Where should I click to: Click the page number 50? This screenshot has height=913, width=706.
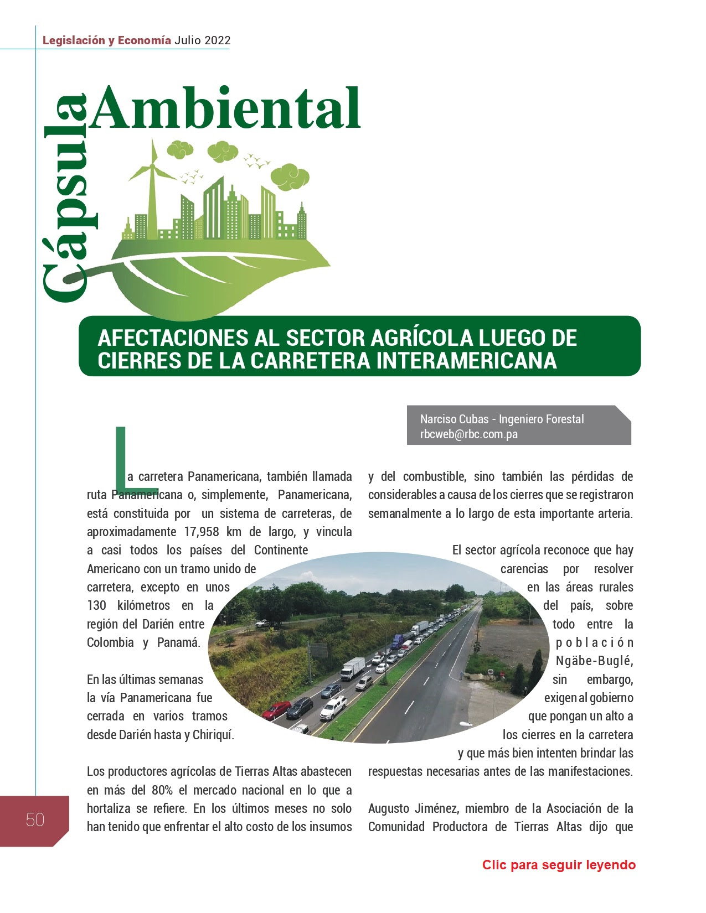(35, 819)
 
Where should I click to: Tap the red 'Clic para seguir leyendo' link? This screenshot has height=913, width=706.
(559, 865)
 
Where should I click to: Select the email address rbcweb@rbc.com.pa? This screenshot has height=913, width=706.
(468, 434)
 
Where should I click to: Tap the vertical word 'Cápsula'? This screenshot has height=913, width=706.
(65, 199)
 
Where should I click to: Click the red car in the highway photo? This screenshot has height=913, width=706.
(276, 709)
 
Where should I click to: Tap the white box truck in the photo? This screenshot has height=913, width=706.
(352, 668)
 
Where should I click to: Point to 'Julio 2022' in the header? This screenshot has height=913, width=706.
(202, 40)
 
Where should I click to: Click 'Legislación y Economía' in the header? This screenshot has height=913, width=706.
(107, 40)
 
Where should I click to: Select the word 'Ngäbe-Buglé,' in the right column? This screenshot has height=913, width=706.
(594, 661)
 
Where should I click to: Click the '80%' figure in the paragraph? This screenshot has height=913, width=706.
(162, 790)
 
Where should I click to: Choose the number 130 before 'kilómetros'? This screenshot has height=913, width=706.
(97, 605)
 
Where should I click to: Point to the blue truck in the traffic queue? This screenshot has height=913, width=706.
(398, 641)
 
